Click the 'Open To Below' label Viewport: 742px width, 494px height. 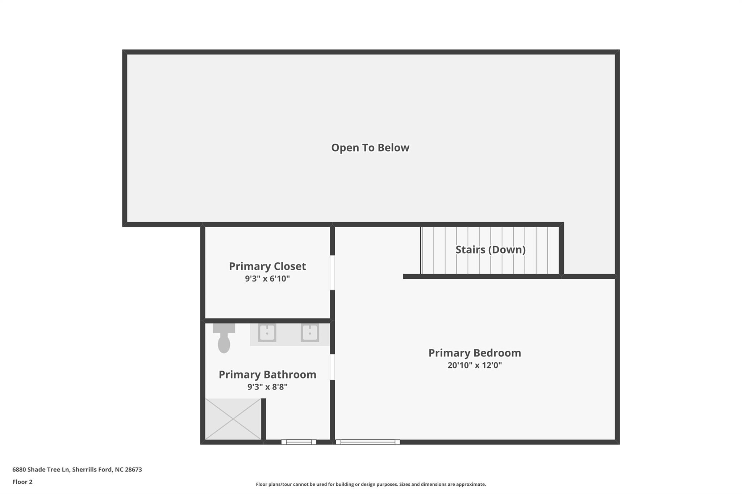tap(370, 148)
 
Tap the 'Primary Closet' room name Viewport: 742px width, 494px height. tap(267, 266)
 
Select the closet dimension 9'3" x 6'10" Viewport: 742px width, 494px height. tap(267, 279)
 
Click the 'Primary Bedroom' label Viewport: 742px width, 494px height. tap(475, 353)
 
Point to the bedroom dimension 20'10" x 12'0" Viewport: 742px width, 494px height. tap(475, 365)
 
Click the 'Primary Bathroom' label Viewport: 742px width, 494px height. tap(267, 375)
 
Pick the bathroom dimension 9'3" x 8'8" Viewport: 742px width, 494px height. tap(267, 387)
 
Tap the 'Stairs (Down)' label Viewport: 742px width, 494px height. tap(490, 250)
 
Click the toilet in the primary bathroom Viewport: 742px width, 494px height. tap(224, 338)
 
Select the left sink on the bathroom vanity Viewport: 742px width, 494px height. tap(267, 333)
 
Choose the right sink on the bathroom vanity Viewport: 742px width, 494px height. tap(310, 333)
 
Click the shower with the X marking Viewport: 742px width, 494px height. tap(233, 419)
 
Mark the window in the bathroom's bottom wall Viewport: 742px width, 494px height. tap(299, 442)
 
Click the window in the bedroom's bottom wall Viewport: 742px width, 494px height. tap(368, 442)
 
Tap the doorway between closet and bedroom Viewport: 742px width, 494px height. tap(332, 273)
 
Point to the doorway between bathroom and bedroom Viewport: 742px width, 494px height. tap(332, 367)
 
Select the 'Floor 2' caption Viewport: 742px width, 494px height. tap(22, 482)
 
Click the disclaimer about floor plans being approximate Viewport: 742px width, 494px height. tap(371, 484)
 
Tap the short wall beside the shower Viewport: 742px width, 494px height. tap(264, 419)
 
